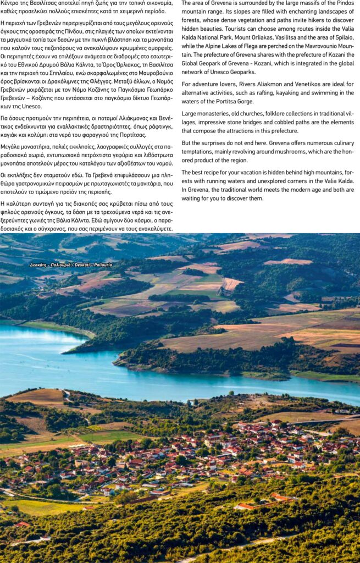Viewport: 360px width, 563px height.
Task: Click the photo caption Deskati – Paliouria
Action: click(x=71, y=264)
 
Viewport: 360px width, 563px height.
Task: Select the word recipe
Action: click(x=210, y=172)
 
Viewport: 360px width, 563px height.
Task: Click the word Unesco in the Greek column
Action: click(x=21, y=106)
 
